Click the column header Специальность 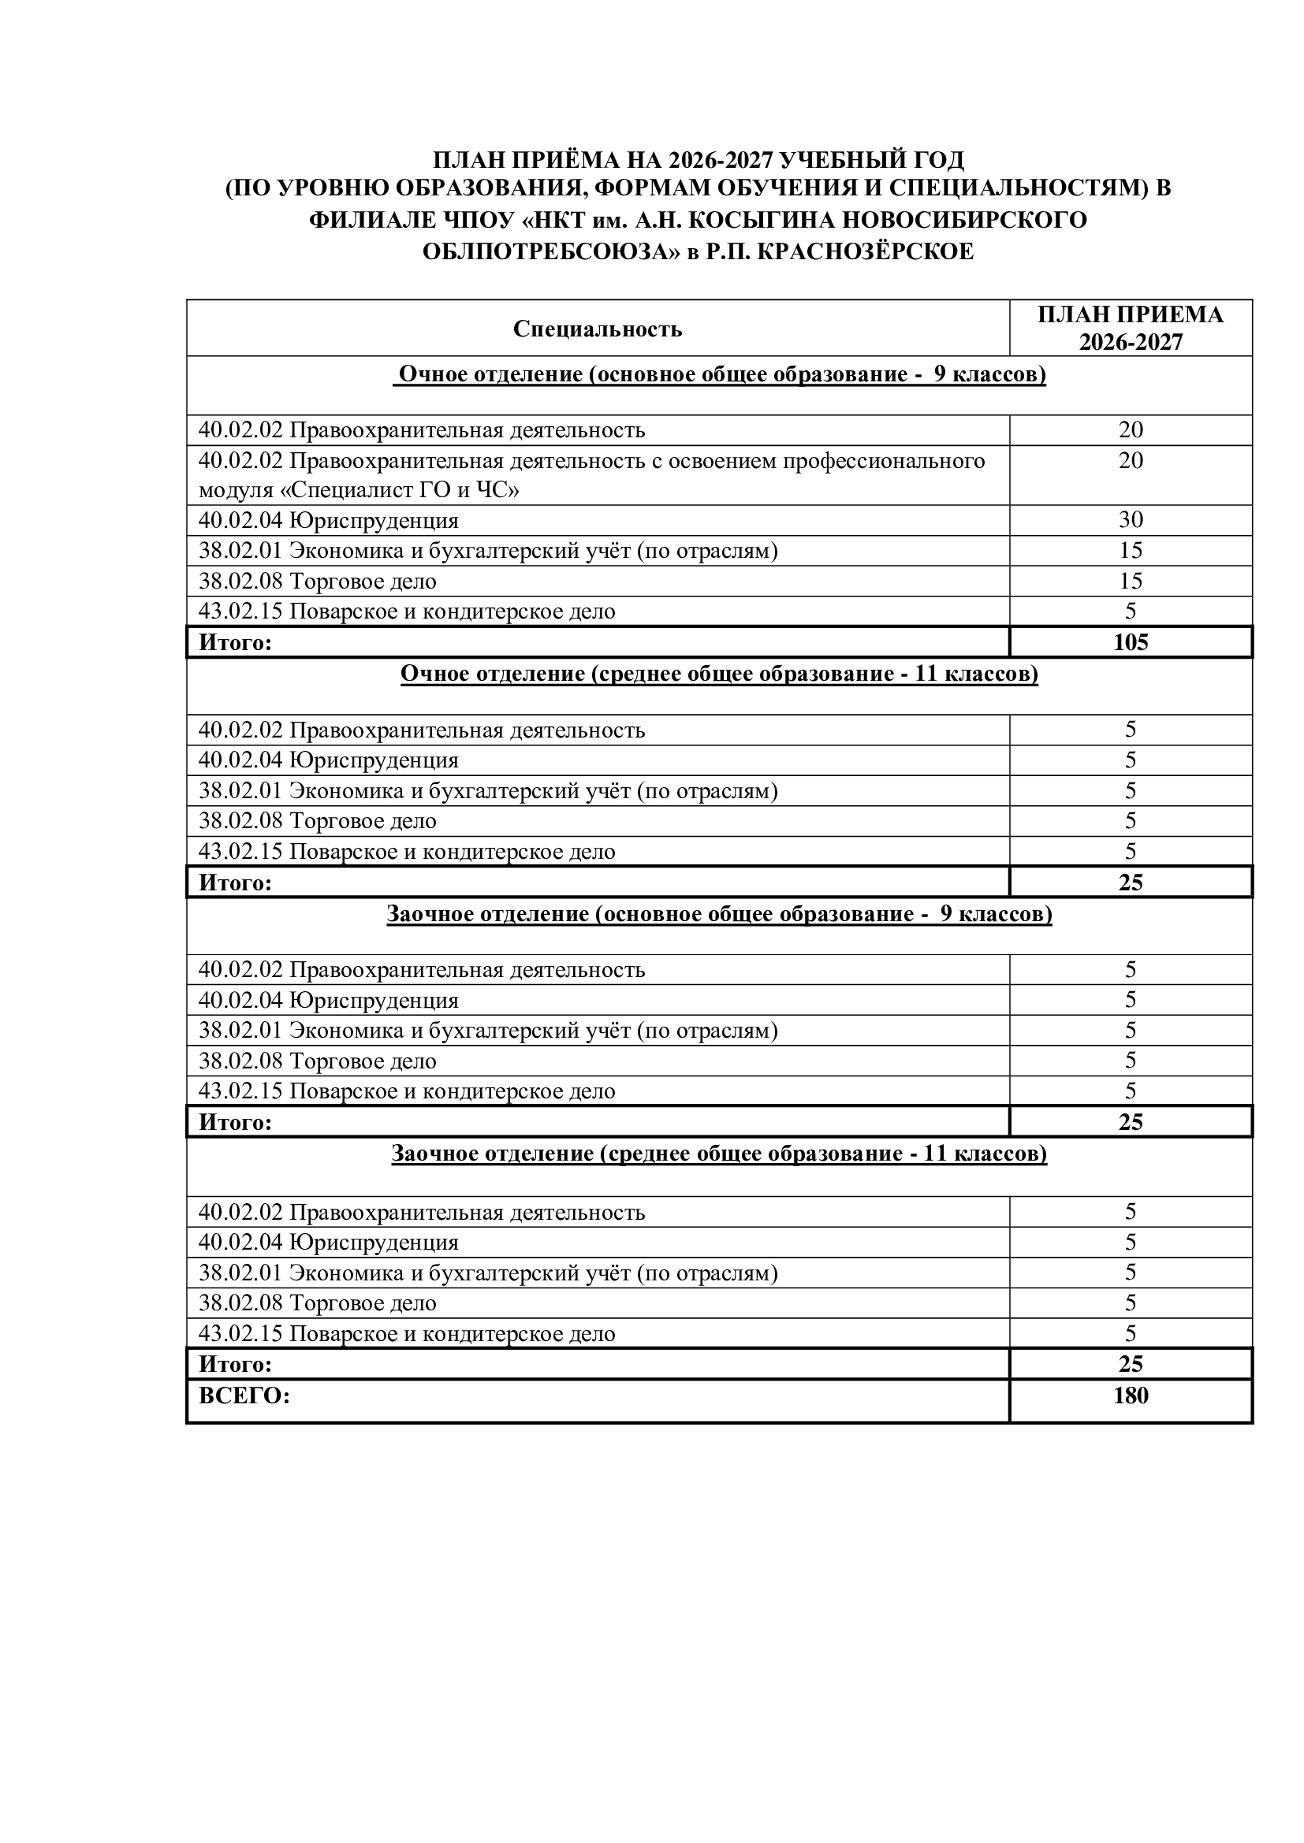click(598, 329)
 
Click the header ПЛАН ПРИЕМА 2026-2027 click(1130, 328)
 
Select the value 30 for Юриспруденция click(1130, 520)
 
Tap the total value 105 click(1130, 642)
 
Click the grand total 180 click(1130, 1396)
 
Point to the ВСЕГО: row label click(244, 1396)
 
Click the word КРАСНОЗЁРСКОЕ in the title click(866, 252)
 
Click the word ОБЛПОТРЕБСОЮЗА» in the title click(552, 252)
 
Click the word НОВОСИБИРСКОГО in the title click(959, 220)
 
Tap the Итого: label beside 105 click(235, 642)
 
